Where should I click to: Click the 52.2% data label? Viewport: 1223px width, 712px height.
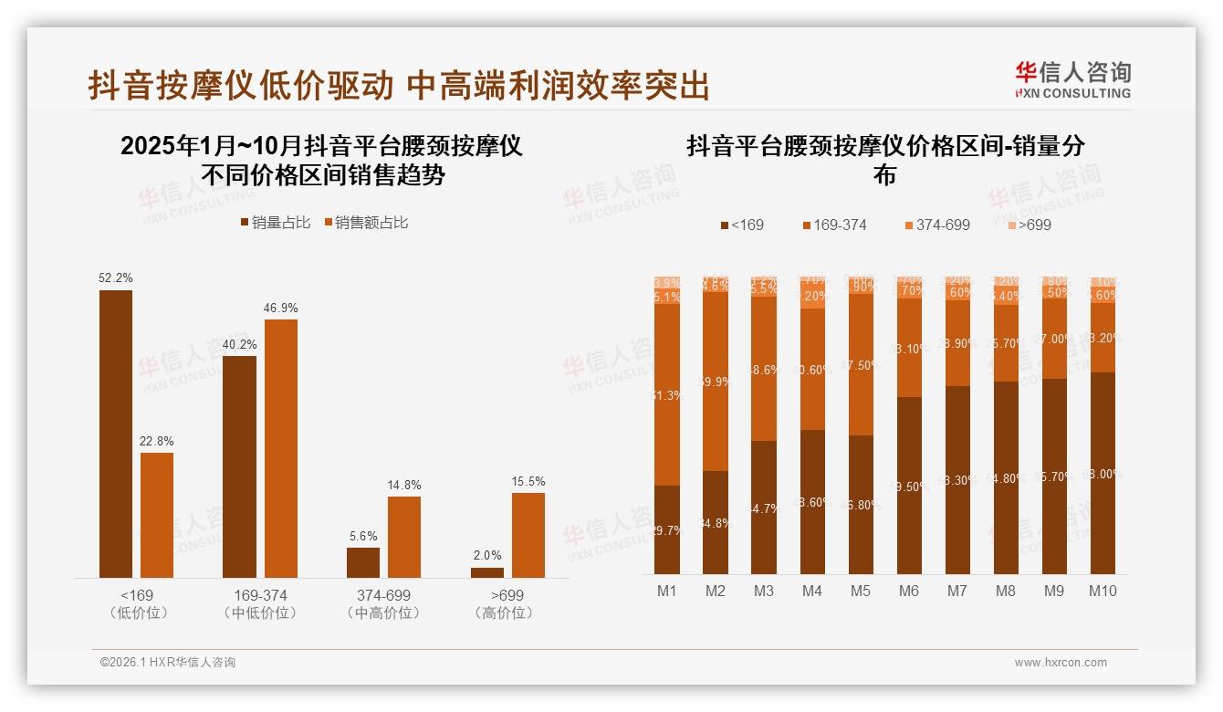[116, 277]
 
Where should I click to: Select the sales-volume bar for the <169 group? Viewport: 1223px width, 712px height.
[116, 434]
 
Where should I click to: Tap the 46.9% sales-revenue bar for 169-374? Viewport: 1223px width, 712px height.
[281, 448]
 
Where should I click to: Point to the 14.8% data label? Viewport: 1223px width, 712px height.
[404, 485]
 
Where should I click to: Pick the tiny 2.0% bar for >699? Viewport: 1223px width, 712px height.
[487, 572]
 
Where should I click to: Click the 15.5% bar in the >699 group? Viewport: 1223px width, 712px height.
[528, 535]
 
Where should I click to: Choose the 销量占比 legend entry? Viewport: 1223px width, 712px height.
[276, 222]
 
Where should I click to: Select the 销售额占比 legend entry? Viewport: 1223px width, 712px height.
[366, 222]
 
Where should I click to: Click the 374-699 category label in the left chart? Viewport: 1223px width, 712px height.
[384, 596]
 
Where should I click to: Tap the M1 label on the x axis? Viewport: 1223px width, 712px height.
[667, 591]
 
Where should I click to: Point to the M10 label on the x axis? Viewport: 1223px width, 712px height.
[1103, 591]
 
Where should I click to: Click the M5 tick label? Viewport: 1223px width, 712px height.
[861, 591]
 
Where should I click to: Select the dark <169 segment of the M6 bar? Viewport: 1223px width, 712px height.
[909, 486]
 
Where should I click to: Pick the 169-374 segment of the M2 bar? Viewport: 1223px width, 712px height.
[716, 381]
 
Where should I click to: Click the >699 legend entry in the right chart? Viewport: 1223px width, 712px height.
[1030, 225]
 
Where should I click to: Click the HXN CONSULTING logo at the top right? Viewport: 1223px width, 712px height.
[1073, 80]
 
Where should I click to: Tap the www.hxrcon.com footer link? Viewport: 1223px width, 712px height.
[1061, 663]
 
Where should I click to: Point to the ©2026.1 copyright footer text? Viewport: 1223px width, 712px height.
[168, 663]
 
